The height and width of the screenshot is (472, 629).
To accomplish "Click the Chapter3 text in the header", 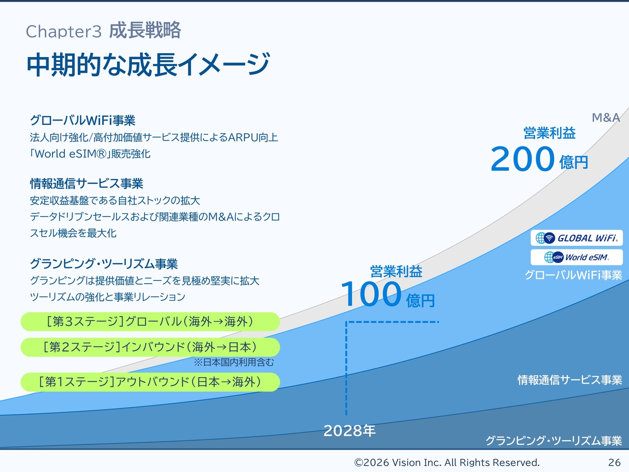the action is (x=63, y=31).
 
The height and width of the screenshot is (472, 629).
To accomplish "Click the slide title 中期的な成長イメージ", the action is (x=148, y=64).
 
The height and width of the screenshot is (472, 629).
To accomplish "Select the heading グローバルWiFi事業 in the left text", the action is (x=83, y=120).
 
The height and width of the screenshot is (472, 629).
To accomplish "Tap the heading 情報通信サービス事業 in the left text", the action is (x=86, y=183).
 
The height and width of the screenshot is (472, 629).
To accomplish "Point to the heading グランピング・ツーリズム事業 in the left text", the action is (x=104, y=264).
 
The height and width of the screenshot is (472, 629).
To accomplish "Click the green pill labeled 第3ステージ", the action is (x=150, y=322).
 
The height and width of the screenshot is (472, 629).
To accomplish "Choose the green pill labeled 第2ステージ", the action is (x=150, y=347).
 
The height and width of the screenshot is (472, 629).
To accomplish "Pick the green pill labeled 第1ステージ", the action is (x=150, y=382).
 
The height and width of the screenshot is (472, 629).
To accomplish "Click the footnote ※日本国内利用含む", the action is (x=234, y=362).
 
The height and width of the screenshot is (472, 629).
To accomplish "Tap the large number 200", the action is (x=523, y=159).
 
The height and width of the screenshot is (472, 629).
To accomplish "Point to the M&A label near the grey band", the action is (x=606, y=118).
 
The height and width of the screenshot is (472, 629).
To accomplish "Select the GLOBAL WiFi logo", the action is (x=576, y=238).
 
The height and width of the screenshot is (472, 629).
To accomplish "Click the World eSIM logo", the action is (x=576, y=257).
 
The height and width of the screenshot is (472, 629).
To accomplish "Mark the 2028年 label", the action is (x=349, y=431).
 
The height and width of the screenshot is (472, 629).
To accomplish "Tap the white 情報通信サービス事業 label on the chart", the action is (x=570, y=380).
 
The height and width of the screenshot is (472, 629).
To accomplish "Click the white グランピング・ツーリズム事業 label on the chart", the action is (x=554, y=441).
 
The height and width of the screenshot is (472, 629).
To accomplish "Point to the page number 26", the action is (x=614, y=463).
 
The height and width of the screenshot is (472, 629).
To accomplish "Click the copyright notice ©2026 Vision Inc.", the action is (x=447, y=463).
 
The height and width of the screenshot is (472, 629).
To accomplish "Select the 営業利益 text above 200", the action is (x=549, y=133).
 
